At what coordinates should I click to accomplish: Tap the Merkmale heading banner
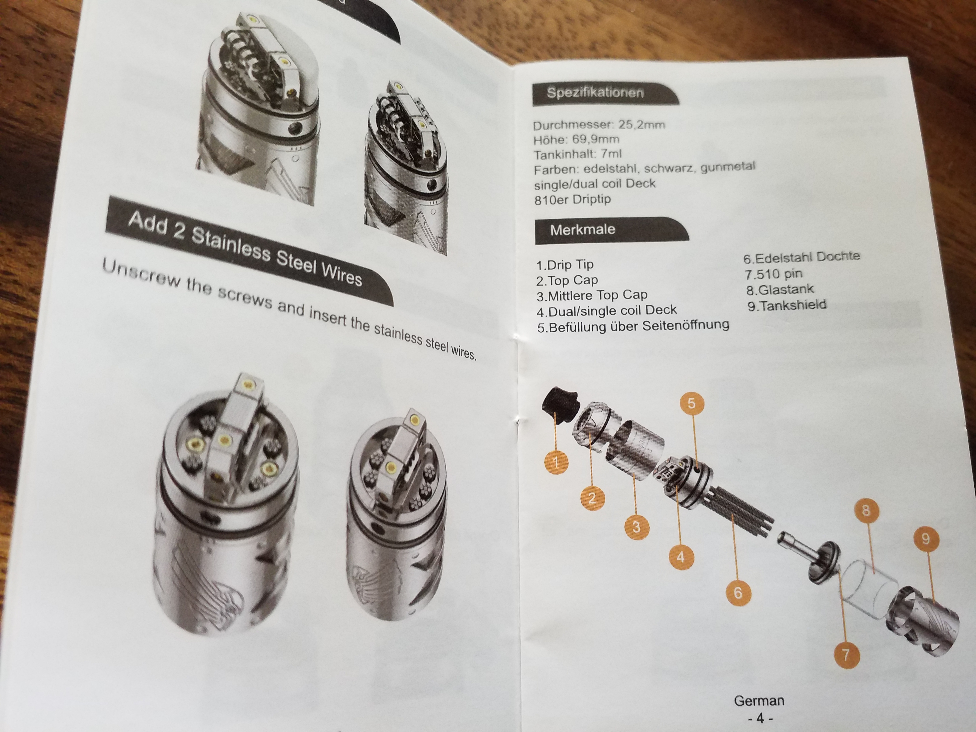[x=611, y=230]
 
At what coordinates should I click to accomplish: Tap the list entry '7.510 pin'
[x=773, y=274]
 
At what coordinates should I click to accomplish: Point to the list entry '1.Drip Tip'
[x=565, y=265]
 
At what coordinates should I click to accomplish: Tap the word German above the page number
[x=759, y=700]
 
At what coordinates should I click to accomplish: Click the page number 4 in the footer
[x=760, y=718]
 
